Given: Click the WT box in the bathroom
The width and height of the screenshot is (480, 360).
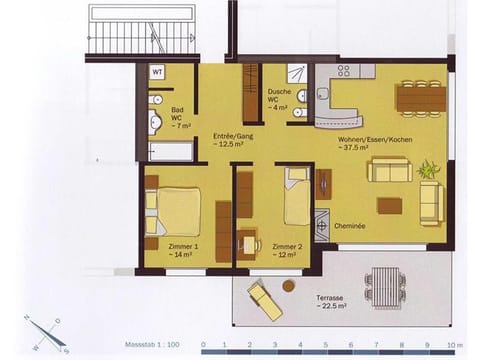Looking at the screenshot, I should (x=157, y=72).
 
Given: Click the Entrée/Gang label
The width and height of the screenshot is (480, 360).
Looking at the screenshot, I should (x=231, y=139).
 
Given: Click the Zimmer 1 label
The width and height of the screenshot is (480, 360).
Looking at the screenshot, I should (x=183, y=250).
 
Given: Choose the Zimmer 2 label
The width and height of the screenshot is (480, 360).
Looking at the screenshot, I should (x=287, y=250).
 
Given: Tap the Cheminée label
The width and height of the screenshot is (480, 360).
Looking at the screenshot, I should (x=350, y=226).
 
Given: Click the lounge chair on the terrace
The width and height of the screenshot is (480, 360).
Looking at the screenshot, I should (x=265, y=299).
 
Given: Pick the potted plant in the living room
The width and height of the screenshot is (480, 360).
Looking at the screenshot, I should (x=428, y=169).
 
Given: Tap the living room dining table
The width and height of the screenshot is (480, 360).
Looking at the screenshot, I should (x=420, y=97).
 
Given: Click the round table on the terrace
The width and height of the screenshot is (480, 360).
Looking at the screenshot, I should (x=289, y=286).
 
